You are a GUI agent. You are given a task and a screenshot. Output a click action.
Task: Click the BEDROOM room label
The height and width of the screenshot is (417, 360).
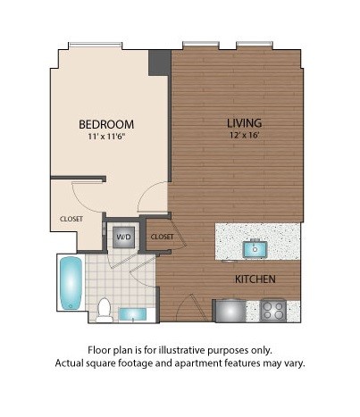tap(106, 123)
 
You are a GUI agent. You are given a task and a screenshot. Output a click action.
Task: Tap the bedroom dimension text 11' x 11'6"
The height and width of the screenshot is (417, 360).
tap(106, 137)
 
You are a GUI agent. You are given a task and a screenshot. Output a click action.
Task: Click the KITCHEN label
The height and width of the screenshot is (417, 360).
tap(255, 279)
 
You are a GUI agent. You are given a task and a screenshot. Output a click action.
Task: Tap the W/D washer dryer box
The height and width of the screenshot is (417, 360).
tap(121, 238)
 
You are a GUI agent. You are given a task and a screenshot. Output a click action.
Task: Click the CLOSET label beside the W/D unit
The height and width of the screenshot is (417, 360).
tap(162, 237)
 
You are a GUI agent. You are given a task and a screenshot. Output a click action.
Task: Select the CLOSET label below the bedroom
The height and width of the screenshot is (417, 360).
tap(72, 218)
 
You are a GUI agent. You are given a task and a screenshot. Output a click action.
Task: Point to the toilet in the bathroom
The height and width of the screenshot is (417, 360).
tap(105, 309)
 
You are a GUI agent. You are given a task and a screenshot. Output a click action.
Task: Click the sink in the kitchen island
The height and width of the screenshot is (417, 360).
tap(255, 247)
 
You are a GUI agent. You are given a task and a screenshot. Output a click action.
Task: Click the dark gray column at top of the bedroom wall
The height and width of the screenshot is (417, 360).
tap(159, 63)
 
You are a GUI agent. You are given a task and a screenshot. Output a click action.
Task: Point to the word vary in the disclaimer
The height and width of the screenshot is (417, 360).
tap(290, 363)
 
